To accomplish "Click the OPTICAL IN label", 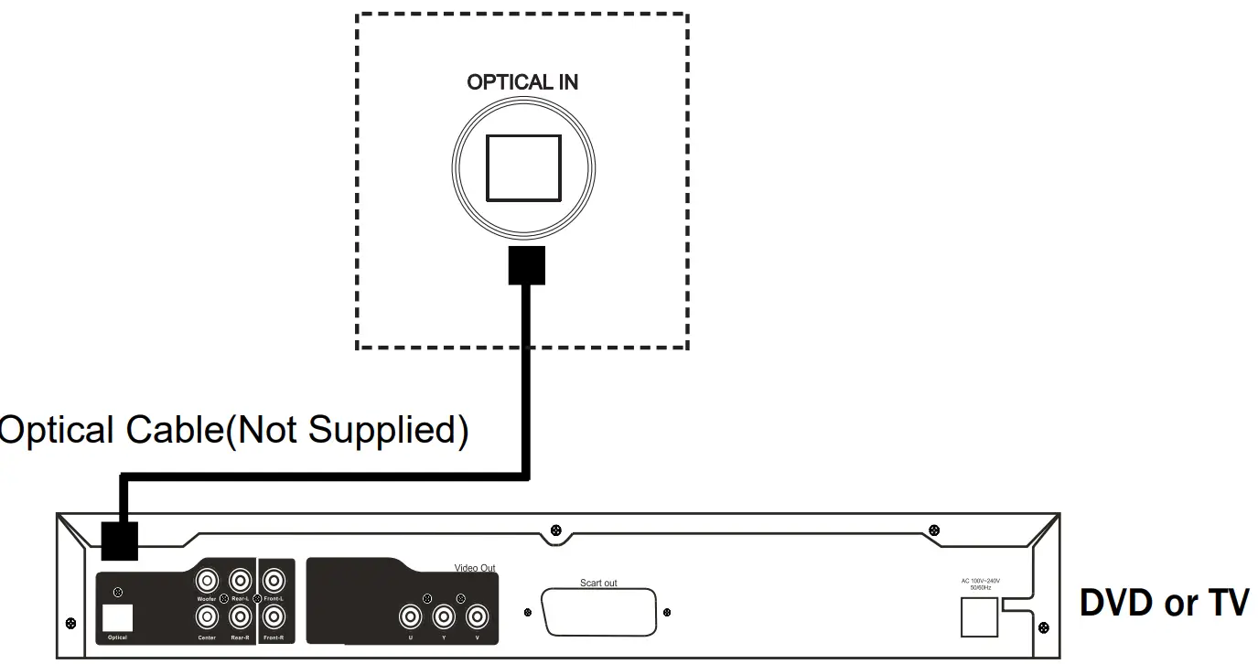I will point(522,82).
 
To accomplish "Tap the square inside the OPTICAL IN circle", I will point(523,167).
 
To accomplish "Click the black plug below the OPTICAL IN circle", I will point(526,265).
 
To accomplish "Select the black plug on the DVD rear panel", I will point(118,541).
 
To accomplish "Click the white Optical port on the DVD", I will point(118,617).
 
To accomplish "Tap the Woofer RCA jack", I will point(207,581).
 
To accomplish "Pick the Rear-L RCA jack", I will point(240,581).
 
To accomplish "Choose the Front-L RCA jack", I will point(273,581).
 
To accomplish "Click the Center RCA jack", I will point(207,618).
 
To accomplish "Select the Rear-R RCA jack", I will point(240,618).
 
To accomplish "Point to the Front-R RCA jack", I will point(273,618).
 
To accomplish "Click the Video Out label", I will point(475,568).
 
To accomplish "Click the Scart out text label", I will point(598,583).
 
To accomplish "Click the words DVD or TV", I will point(1164,604).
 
